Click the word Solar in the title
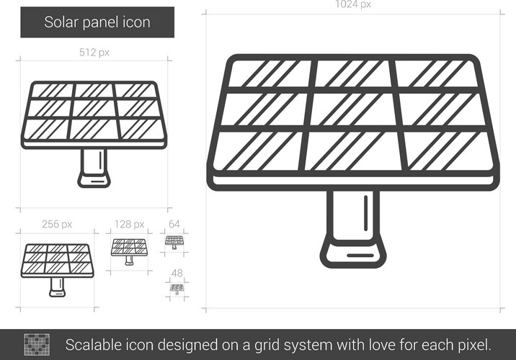coord(61,22)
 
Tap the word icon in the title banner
coord(136,22)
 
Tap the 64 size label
coord(174,224)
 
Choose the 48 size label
coord(177,273)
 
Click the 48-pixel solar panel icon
coord(177,289)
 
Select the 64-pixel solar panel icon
coord(174,243)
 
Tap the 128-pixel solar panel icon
coord(129,251)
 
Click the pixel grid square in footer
coord(37,345)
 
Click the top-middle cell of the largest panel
coord(353,73)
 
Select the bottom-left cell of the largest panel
coord(258,151)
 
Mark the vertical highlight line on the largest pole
coord(365,213)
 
